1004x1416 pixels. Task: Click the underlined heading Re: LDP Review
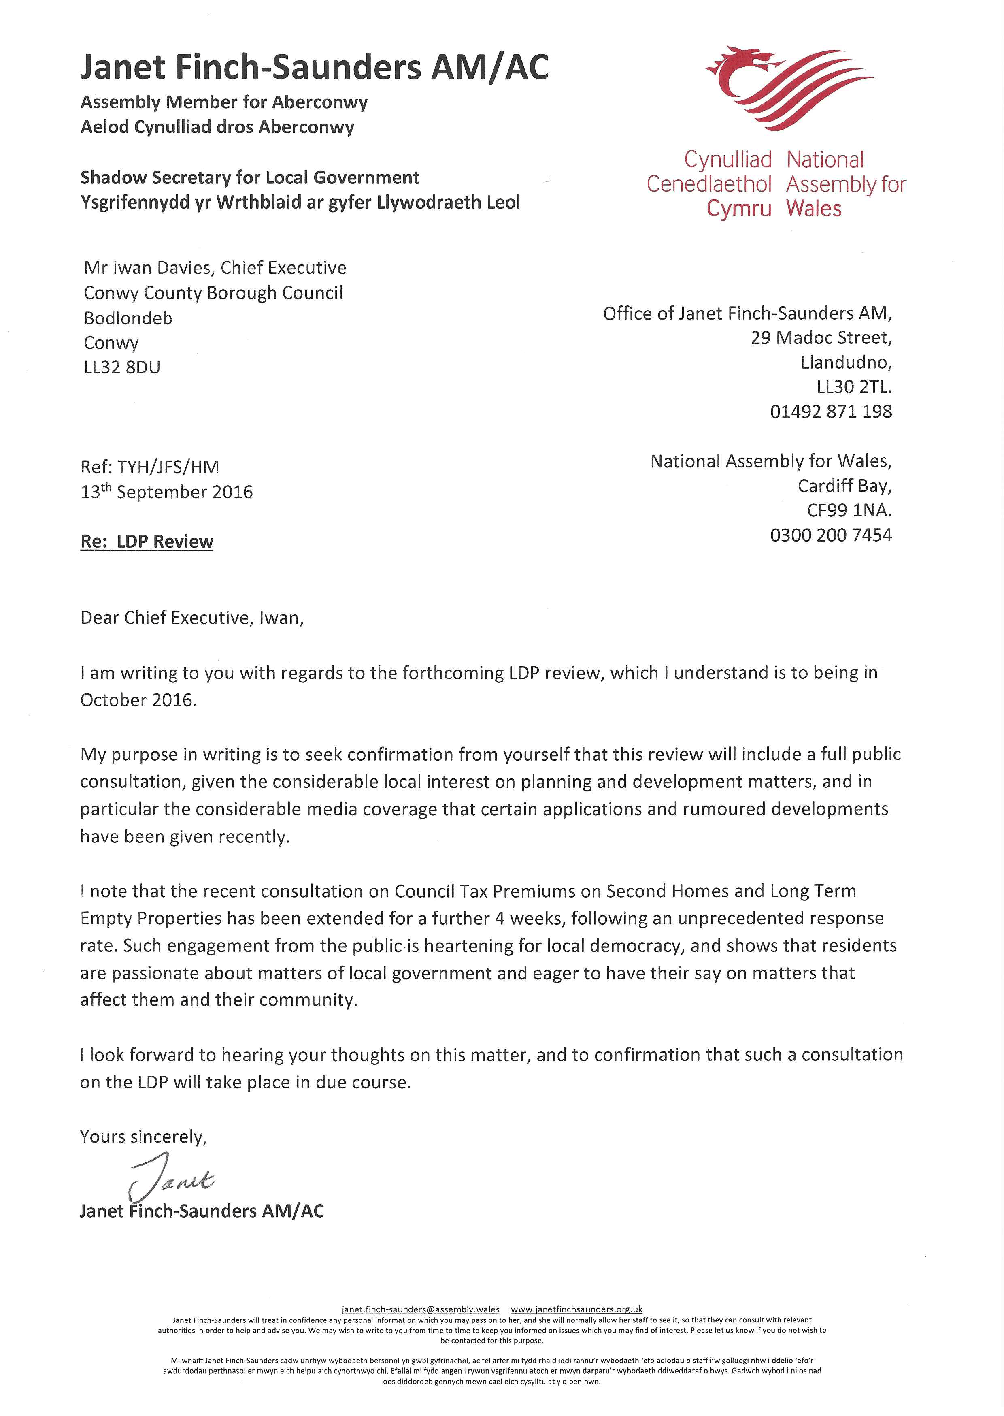pos(147,542)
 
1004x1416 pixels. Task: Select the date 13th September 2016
pos(166,492)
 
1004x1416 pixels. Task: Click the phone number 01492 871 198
pos(831,411)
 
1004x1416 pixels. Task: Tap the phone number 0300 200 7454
pos(831,535)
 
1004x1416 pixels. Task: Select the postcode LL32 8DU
pos(122,367)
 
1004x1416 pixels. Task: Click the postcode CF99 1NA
pos(849,510)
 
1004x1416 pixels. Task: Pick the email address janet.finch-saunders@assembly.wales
pos(420,1309)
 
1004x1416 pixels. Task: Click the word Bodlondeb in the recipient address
pos(128,318)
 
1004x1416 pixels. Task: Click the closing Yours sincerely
pos(143,1137)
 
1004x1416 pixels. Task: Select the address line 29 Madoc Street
pos(821,338)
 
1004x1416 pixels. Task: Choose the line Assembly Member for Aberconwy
pos(224,102)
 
